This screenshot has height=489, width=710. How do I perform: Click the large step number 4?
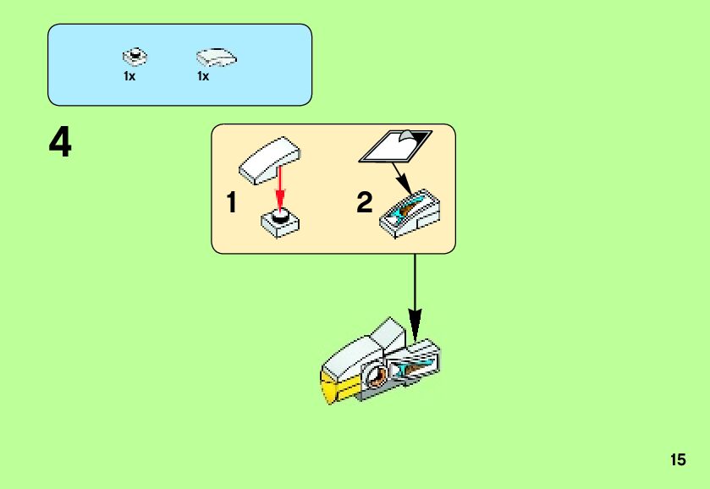pyautogui.click(x=60, y=144)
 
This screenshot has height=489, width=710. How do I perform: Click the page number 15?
pyautogui.click(x=677, y=460)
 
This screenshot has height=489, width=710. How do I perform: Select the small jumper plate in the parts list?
pyautogui.click(x=134, y=58)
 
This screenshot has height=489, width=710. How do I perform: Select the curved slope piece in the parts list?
pyautogui.click(x=216, y=58)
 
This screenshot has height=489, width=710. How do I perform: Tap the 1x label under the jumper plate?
pyautogui.click(x=129, y=76)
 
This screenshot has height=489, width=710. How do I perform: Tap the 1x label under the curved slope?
pyautogui.click(x=203, y=76)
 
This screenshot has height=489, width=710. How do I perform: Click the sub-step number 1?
pyautogui.click(x=231, y=203)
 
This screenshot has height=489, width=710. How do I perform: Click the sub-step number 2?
pyautogui.click(x=364, y=203)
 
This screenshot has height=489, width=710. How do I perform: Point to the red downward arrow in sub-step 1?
pyautogui.click(x=280, y=190)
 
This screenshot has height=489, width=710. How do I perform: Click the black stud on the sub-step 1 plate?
pyautogui.click(x=281, y=216)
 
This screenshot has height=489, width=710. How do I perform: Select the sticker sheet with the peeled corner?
pyautogui.click(x=394, y=146)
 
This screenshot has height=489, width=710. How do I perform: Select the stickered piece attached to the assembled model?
pyautogui.click(x=421, y=362)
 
